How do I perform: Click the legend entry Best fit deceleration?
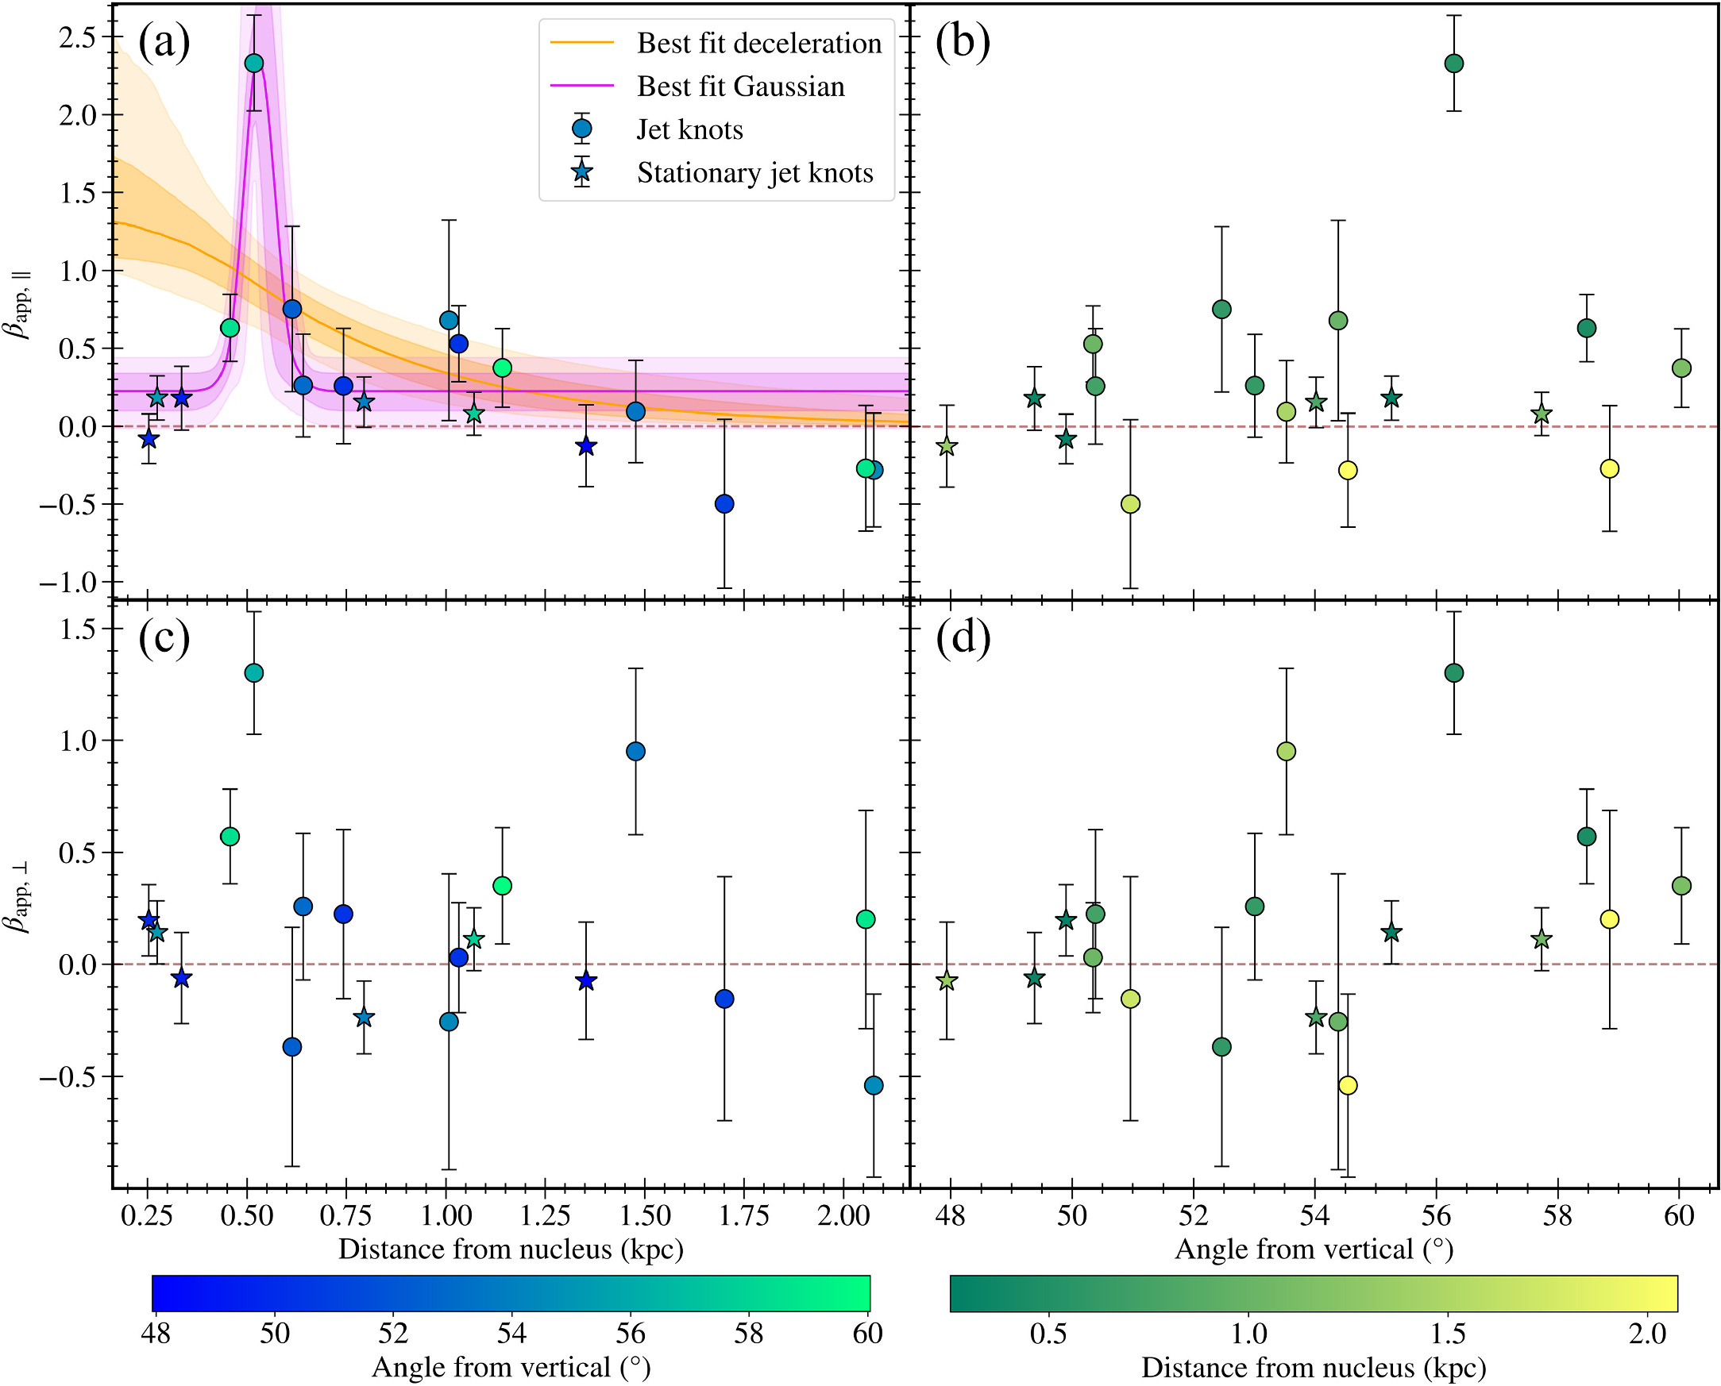click(x=758, y=43)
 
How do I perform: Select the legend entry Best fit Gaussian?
click(x=740, y=87)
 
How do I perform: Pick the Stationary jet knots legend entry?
click(x=754, y=172)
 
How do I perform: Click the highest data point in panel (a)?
click(x=254, y=63)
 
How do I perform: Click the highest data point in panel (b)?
click(x=1454, y=63)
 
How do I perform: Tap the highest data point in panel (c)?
click(x=254, y=673)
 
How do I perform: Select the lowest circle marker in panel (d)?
click(x=1348, y=1085)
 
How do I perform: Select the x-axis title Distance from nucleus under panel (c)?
click(x=511, y=1249)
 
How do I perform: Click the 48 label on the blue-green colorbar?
click(x=156, y=1334)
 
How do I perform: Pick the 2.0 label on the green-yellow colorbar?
click(x=1646, y=1334)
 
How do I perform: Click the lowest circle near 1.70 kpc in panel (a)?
click(x=724, y=504)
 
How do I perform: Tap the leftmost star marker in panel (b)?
click(x=947, y=446)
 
